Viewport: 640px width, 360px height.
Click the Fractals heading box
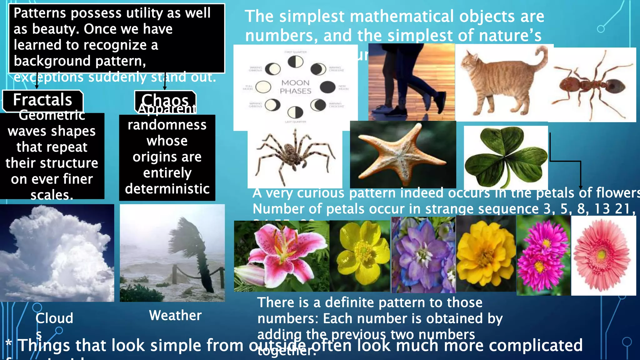point(42,100)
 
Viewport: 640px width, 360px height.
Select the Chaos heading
point(165,100)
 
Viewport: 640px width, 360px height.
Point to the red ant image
point(592,85)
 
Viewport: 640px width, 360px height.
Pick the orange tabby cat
point(502,83)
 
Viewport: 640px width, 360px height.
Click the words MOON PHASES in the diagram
point(296,87)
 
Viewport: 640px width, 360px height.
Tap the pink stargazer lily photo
point(281,256)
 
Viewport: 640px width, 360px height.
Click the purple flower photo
point(423,255)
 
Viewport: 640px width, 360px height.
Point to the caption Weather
point(175,315)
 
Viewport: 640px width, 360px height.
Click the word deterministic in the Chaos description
point(167,189)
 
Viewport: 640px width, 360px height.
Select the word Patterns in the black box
point(40,13)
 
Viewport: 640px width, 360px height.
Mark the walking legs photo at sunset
point(411,82)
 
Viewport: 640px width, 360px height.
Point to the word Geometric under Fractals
point(52,115)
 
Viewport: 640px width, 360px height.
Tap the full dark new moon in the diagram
point(327,87)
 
